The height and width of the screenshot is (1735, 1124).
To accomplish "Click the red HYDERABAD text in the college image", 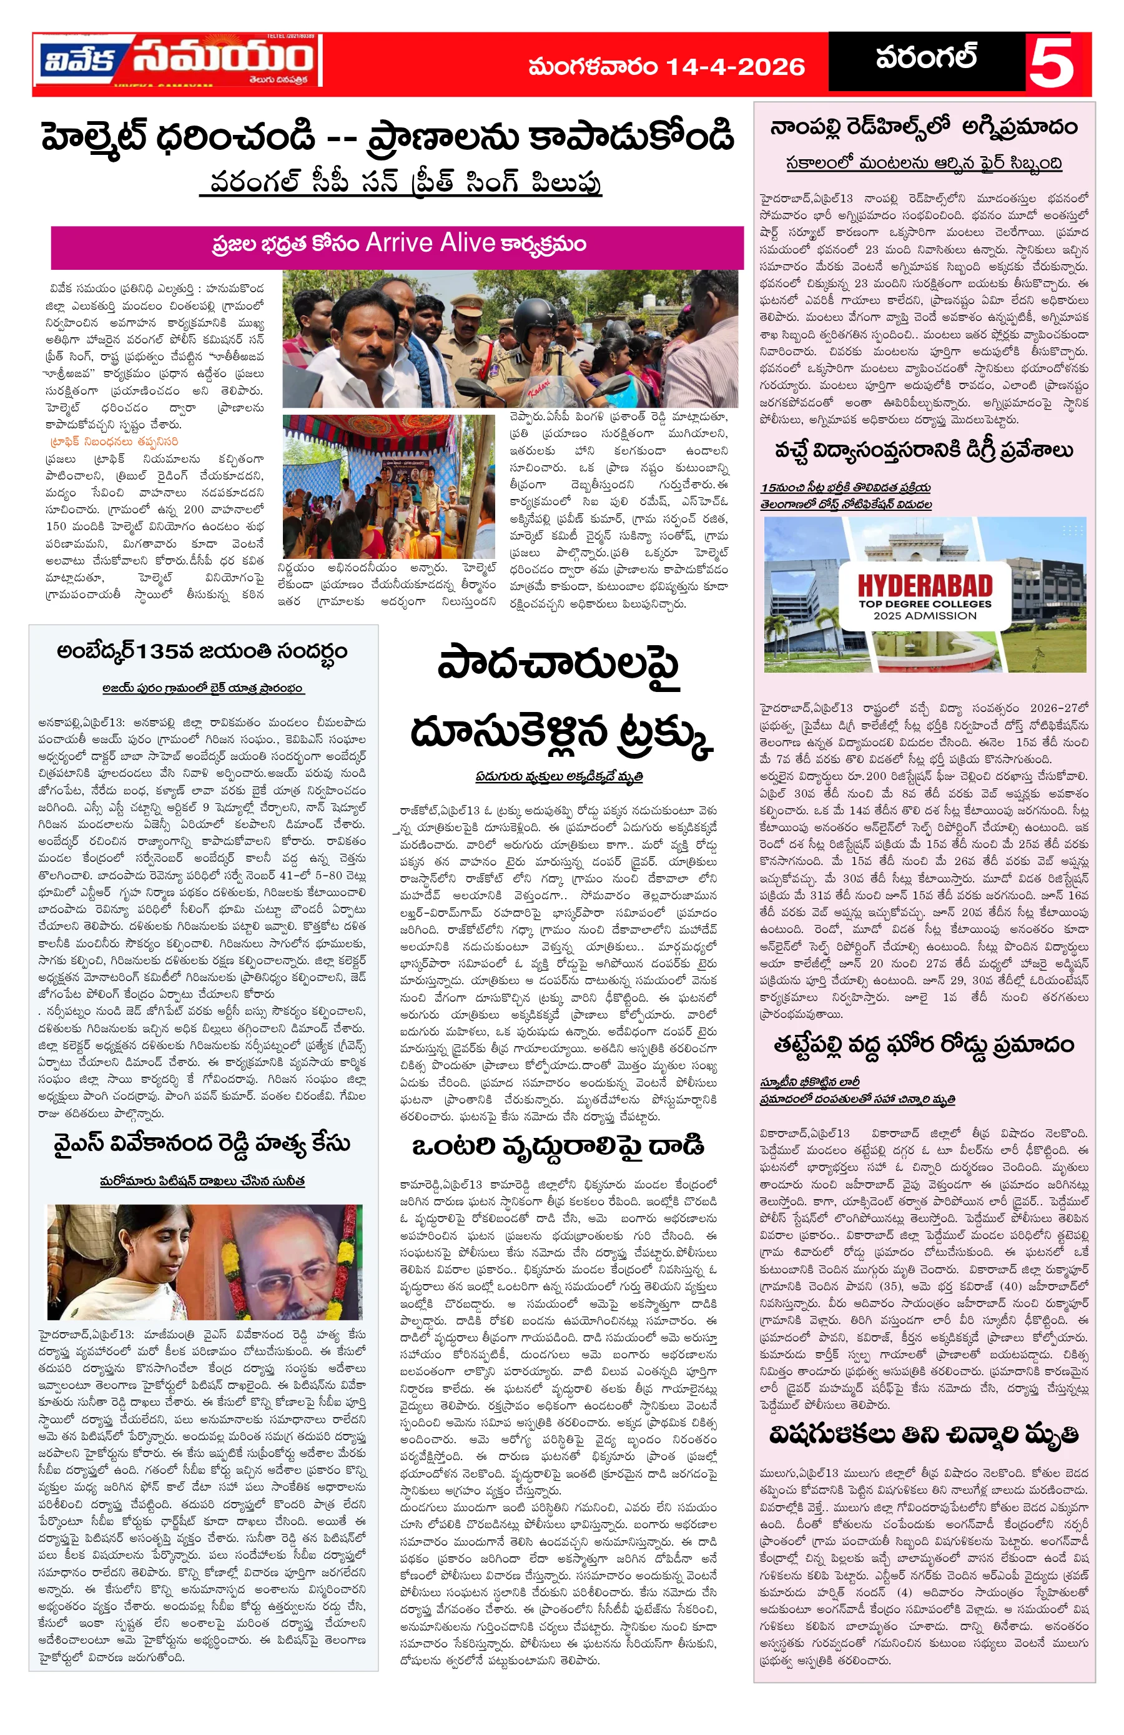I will click(924, 585).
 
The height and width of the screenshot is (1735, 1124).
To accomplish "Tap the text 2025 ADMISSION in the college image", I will click(924, 615).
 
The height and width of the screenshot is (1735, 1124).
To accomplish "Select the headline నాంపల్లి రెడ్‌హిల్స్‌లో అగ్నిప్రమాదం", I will click(924, 127).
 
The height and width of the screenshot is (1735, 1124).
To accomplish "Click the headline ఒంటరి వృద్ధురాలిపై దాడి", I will click(558, 1146).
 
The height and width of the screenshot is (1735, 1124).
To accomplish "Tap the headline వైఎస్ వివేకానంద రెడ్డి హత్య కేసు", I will click(202, 1143).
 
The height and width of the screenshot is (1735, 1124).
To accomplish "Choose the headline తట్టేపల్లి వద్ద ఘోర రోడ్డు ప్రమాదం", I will click(924, 1045).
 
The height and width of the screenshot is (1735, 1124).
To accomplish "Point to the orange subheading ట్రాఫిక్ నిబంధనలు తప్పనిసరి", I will click(114, 442).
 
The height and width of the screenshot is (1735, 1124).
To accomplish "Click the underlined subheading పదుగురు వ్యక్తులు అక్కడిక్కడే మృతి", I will click(558, 776).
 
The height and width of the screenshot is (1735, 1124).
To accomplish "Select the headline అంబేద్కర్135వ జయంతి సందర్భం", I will click(202, 650).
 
